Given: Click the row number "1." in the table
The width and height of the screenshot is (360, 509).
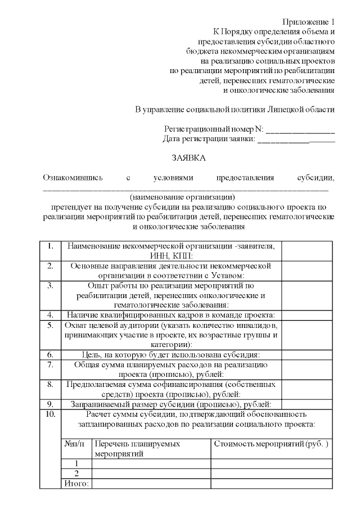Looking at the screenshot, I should [x=50, y=246].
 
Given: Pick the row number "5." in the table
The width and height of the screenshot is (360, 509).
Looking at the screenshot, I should [x=50, y=325].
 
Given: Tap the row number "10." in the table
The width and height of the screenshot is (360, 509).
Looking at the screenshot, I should [x=50, y=415].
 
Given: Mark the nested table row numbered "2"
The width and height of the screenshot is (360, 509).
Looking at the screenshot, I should [x=76, y=472].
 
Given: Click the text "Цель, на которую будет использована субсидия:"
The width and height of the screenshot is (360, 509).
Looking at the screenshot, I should [x=170, y=355].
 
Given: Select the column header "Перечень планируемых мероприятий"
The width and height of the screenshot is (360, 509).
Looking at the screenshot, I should [x=138, y=448].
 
